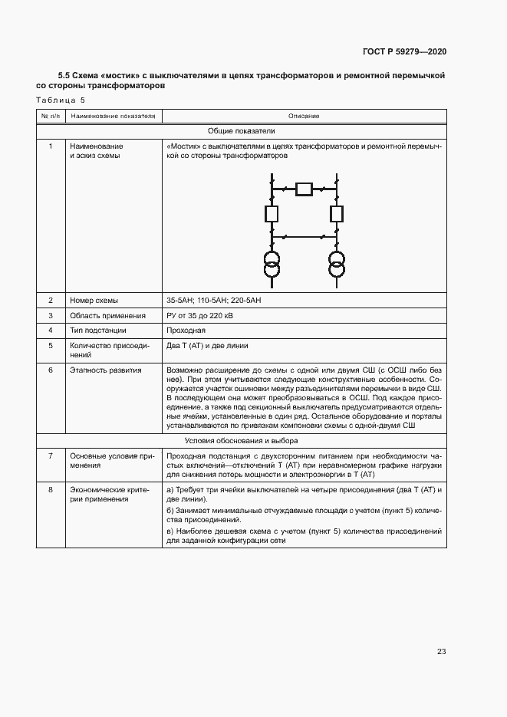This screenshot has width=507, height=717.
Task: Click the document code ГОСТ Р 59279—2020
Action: pyautogui.click(x=403, y=51)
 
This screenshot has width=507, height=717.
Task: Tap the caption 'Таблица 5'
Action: pyautogui.click(x=61, y=100)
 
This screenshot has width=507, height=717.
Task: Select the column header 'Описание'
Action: pyautogui.click(x=304, y=116)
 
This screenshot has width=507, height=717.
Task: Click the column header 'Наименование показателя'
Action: pyautogui.click(x=112, y=116)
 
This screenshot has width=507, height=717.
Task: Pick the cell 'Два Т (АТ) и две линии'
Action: pyautogui.click(x=207, y=346)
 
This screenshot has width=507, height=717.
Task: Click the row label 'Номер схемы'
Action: pyautogui.click(x=94, y=300)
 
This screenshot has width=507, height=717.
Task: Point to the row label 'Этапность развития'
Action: pyautogui.click(x=105, y=370)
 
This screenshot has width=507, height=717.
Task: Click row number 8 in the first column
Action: pyautogui.click(x=51, y=488)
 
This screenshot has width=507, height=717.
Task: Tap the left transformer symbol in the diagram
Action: pyautogui.click(x=271, y=264)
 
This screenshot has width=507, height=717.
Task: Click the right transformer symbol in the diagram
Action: pyautogui.click(x=336, y=264)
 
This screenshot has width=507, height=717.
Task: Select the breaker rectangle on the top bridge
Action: pyautogui.click(x=304, y=189)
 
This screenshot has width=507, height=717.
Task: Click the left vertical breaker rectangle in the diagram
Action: pyautogui.click(x=271, y=212)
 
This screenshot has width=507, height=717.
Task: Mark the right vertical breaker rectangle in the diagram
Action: pyautogui.click(x=336, y=212)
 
